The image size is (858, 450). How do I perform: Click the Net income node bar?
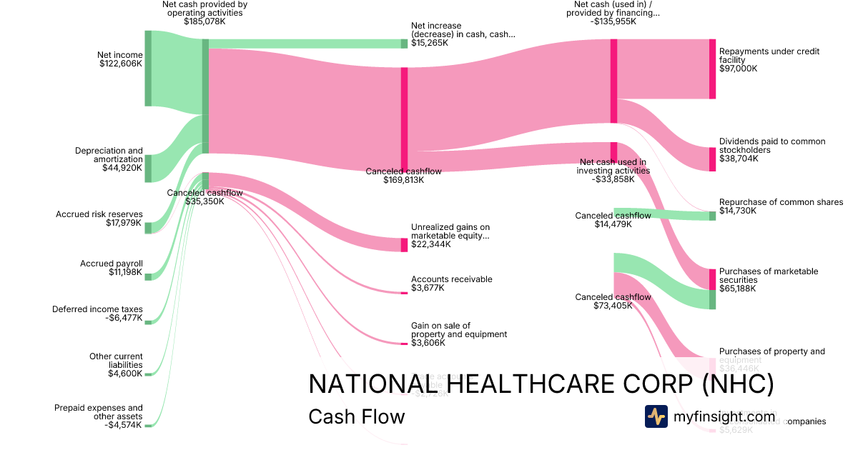pos(148,69)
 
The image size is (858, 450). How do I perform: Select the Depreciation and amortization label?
pos(109,155)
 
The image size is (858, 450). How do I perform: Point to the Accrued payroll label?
pos(111,264)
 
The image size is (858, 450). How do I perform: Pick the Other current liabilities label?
pos(116,361)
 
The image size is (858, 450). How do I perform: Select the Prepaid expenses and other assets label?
pos(98,412)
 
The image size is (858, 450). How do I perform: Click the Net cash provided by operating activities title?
pos(204,8)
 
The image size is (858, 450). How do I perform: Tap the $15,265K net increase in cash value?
pos(429,43)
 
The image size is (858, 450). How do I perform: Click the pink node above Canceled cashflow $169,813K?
pos(404,118)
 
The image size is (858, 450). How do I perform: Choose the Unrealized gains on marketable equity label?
pos(450,231)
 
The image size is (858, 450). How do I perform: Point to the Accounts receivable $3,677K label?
pos(451,284)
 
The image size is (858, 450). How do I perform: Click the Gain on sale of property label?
pos(458,330)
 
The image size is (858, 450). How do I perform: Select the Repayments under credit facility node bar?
pos(712,69)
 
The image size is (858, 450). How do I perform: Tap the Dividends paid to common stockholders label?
pos(771,146)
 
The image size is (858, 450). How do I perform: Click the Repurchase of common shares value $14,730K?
pos(738,211)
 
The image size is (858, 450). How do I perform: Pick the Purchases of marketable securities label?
pos(768,276)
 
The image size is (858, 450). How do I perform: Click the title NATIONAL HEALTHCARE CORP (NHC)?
pos(541,384)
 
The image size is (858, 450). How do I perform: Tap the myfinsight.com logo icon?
pos(656,416)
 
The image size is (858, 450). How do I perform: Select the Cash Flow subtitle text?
pos(356,416)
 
